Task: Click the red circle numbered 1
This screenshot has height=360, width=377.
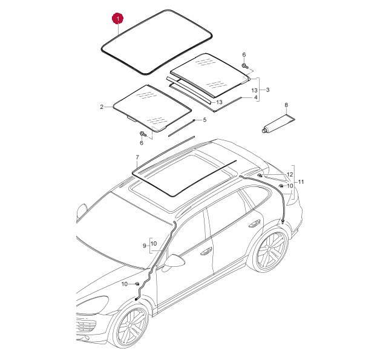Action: (x=118, y=19)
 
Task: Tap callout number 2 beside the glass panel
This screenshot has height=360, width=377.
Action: (x=102, y=107)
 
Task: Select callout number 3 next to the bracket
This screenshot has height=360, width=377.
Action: (x=267, y=90)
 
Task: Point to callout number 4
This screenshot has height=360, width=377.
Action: (x=255, y=97)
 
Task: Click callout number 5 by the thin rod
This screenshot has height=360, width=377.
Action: (x=205, y=120)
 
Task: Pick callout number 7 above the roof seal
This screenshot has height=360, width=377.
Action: (x=137, y=157)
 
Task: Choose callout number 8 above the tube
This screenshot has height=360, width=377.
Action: (x=286, y=105)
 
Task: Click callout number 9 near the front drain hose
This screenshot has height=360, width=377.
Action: (x=144, y=246)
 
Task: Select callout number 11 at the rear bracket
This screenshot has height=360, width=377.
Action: (x=301, y=182)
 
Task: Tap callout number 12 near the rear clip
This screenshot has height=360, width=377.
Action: (x=290, y=174)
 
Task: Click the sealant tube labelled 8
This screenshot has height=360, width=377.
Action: (x=278, y=124)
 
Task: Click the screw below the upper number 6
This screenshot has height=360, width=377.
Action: (x=244, y=66)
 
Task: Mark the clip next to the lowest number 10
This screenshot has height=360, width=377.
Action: (x=137, y=284)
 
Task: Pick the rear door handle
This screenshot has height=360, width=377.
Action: (x=254, y=223)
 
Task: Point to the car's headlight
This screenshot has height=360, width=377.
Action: (x=93, y=305)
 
